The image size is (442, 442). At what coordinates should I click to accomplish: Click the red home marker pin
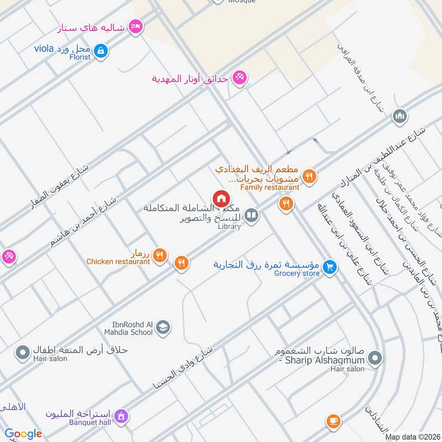(x=221, y=198)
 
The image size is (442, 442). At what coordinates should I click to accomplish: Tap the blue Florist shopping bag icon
(x=101, y=52)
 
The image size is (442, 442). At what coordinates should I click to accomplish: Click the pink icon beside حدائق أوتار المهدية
(x=239, y=77)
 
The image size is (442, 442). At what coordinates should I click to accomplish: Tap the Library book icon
(x=251, y=215)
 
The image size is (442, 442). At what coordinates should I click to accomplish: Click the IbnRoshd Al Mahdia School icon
(x=162, y=328)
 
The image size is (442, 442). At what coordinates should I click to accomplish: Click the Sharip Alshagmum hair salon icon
(x=375, y=359)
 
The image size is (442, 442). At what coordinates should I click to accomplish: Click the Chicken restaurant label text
(x=118, y=261)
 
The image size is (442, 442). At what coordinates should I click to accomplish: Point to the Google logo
(x=24, y=434)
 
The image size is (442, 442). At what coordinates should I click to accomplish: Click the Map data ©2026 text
(x=413, y=437)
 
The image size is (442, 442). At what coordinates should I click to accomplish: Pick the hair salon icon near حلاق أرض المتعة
(x=23, y=352)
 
